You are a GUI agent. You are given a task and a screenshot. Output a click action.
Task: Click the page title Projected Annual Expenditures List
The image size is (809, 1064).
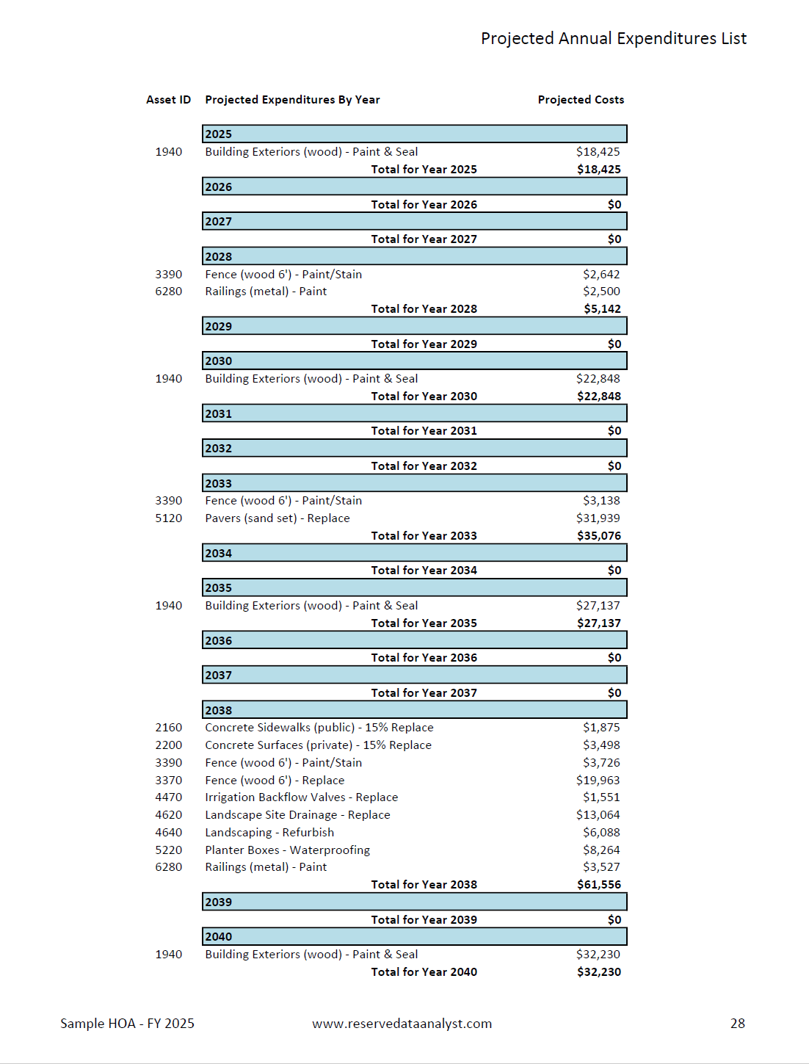(x=613, y=39)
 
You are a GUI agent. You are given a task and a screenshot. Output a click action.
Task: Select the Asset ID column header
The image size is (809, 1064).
(x=168, y=100)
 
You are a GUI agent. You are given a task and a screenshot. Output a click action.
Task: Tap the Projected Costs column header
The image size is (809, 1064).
(x=581, y=100)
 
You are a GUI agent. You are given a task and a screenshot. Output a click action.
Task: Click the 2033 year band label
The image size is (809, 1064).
(x=218, y=483)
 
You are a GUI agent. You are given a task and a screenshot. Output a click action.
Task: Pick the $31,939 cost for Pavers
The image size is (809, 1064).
(x=598, y=518)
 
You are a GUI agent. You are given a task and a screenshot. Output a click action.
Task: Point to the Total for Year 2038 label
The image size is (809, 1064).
(x=424, y=885)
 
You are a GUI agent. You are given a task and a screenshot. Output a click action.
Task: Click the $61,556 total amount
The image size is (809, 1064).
(x=598, y=885)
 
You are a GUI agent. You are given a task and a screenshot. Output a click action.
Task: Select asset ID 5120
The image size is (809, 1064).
(x=168, y=518)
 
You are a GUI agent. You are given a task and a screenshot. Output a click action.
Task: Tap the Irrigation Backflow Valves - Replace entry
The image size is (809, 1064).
(x=301, y=797)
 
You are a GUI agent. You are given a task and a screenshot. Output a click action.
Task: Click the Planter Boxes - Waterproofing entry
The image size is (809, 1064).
(x=287, y=850)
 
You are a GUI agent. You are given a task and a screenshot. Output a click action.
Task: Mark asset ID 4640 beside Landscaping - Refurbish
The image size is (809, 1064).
(x=168, y=833)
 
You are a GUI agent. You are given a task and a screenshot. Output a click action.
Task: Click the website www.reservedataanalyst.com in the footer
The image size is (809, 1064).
(x=402, y=1024)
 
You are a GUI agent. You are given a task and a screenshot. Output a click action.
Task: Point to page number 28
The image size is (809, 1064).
(x=737, y=1024)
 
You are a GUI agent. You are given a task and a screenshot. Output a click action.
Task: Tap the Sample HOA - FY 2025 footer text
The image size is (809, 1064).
(x=127, y=1024)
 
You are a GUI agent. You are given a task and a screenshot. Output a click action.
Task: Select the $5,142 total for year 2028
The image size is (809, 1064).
(x=602, y=309)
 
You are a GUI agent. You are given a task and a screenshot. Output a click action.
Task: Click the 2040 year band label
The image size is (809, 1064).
(x=218, y=937)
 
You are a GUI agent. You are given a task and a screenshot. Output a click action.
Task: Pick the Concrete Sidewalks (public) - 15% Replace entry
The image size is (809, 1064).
(x=319, y=728)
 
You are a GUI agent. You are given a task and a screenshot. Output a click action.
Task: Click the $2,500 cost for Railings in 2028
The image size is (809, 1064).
(x=601, y=292)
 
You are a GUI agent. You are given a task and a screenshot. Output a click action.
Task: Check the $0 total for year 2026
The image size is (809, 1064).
(x=614, y=205)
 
